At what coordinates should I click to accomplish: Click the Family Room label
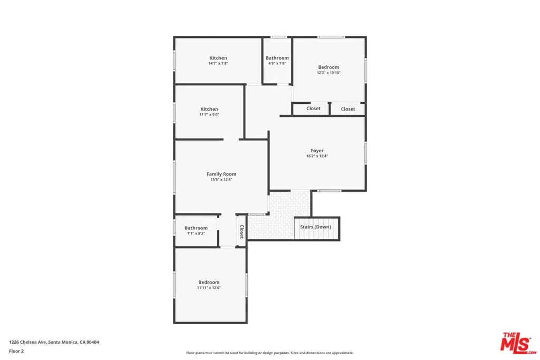coord(221,174)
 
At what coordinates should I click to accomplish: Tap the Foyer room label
coord(317,151)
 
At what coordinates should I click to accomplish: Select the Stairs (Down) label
coord(315,227)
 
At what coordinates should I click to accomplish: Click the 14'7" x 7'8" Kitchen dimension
coord(218,63)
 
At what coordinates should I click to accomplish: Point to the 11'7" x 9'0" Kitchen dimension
coord(209,114)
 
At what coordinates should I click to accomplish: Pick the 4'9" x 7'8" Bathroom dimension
coord(277,63)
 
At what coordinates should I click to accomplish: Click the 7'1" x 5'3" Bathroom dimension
coord(196,233)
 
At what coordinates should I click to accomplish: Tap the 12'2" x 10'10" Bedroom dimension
coord(329,73)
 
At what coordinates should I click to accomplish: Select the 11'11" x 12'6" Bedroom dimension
coord(209,288)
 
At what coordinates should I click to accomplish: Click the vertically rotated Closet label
coord(242,231)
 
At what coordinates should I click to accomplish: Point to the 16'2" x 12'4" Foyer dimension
coord(317,156)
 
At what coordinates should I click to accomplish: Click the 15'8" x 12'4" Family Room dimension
coord(221,179)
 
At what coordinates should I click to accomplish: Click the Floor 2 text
coord(16,351)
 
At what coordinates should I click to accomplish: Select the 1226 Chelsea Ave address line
coord(54,342)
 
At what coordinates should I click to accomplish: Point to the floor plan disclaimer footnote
coord(269,353)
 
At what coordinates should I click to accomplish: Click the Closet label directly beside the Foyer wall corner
coord(313,109)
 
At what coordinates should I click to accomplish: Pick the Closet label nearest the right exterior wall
coord(348,109)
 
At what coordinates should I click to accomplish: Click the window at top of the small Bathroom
coord(278,37)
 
